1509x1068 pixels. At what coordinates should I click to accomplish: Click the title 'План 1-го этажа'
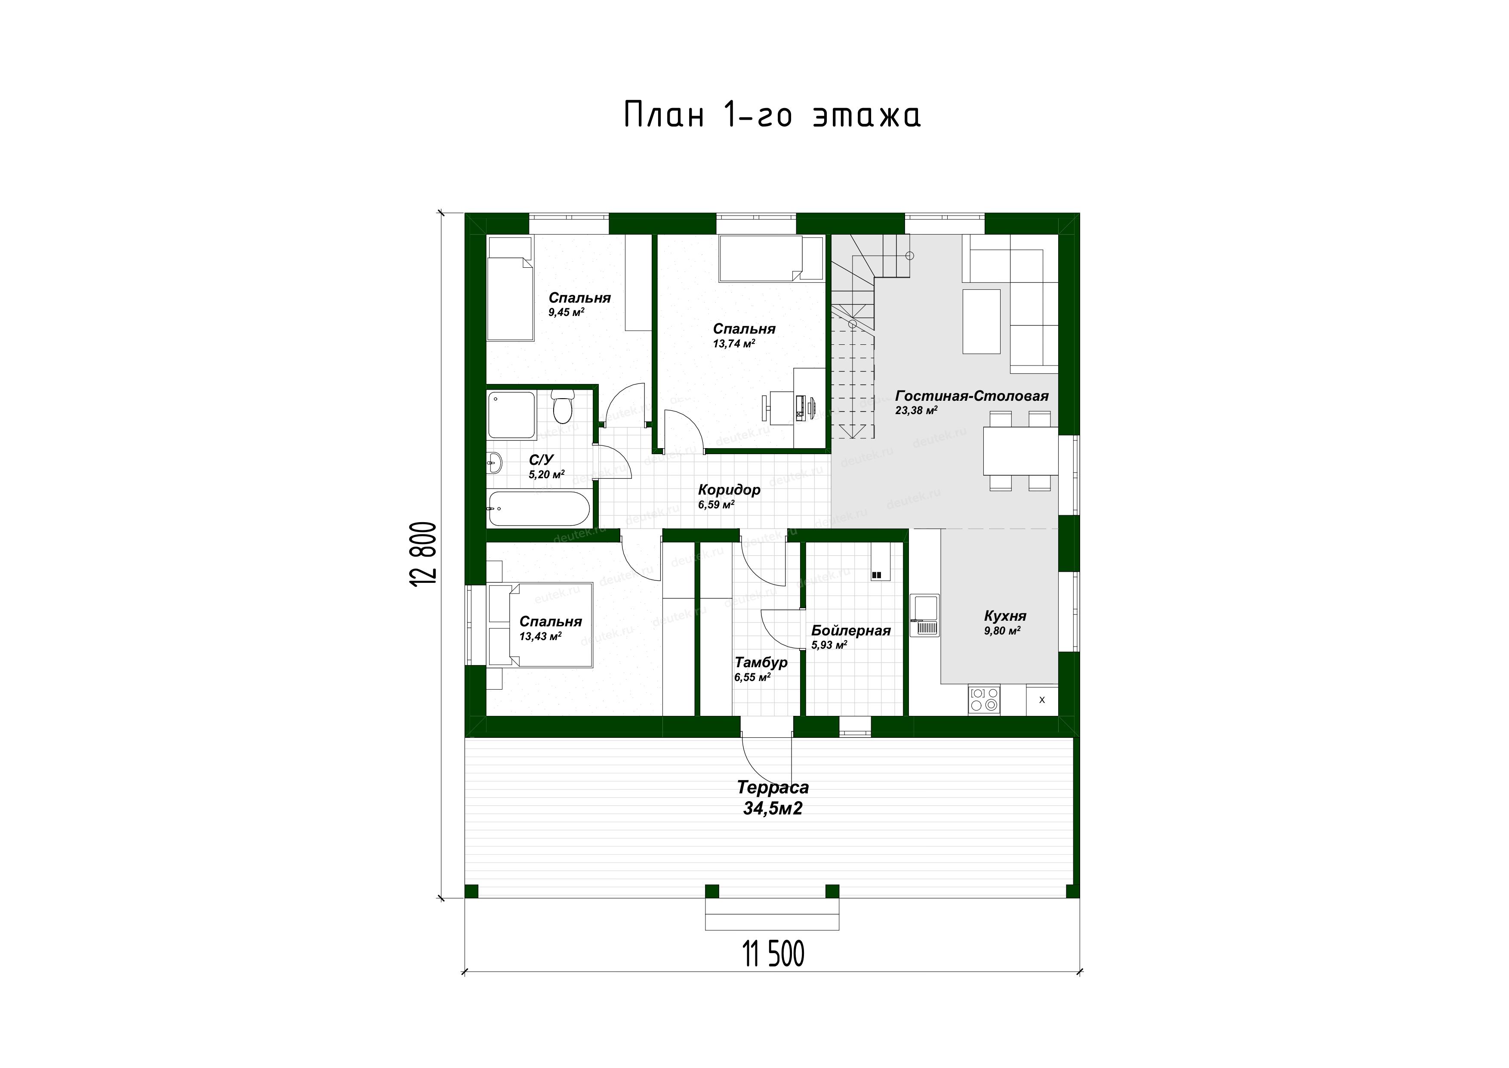[x=772, y=115]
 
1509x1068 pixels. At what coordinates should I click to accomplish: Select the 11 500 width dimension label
[x=773, y=954]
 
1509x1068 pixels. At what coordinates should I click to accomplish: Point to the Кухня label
[x=1005, y=616]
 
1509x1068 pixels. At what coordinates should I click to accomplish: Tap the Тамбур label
[x=761, y=662]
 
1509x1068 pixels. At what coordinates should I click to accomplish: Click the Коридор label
[x=729, y=490]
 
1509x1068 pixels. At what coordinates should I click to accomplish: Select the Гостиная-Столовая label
[x=971, y=396]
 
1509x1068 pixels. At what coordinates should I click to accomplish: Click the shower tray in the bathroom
[x=511, y=416]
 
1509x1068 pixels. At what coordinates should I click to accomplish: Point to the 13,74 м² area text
[x=733, y=343]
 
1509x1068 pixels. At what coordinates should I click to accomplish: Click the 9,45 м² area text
[x=567, y=313]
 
